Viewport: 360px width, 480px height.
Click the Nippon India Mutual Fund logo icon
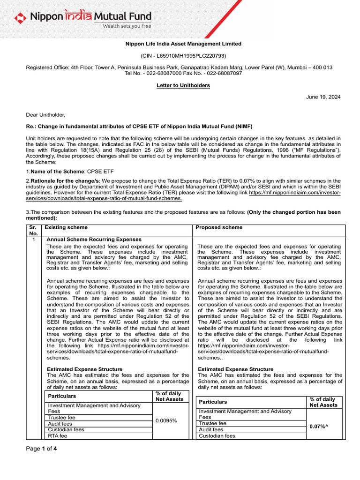[x=20, y=18]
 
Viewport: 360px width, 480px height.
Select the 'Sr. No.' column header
[x=33, y=230]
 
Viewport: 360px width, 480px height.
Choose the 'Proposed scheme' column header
[x=219, y=227]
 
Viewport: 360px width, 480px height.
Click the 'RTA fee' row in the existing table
[x=58, y=435]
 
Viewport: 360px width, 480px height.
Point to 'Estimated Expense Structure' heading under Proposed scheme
[x=236, y=369]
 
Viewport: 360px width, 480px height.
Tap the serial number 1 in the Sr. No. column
[x=33, y=240]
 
